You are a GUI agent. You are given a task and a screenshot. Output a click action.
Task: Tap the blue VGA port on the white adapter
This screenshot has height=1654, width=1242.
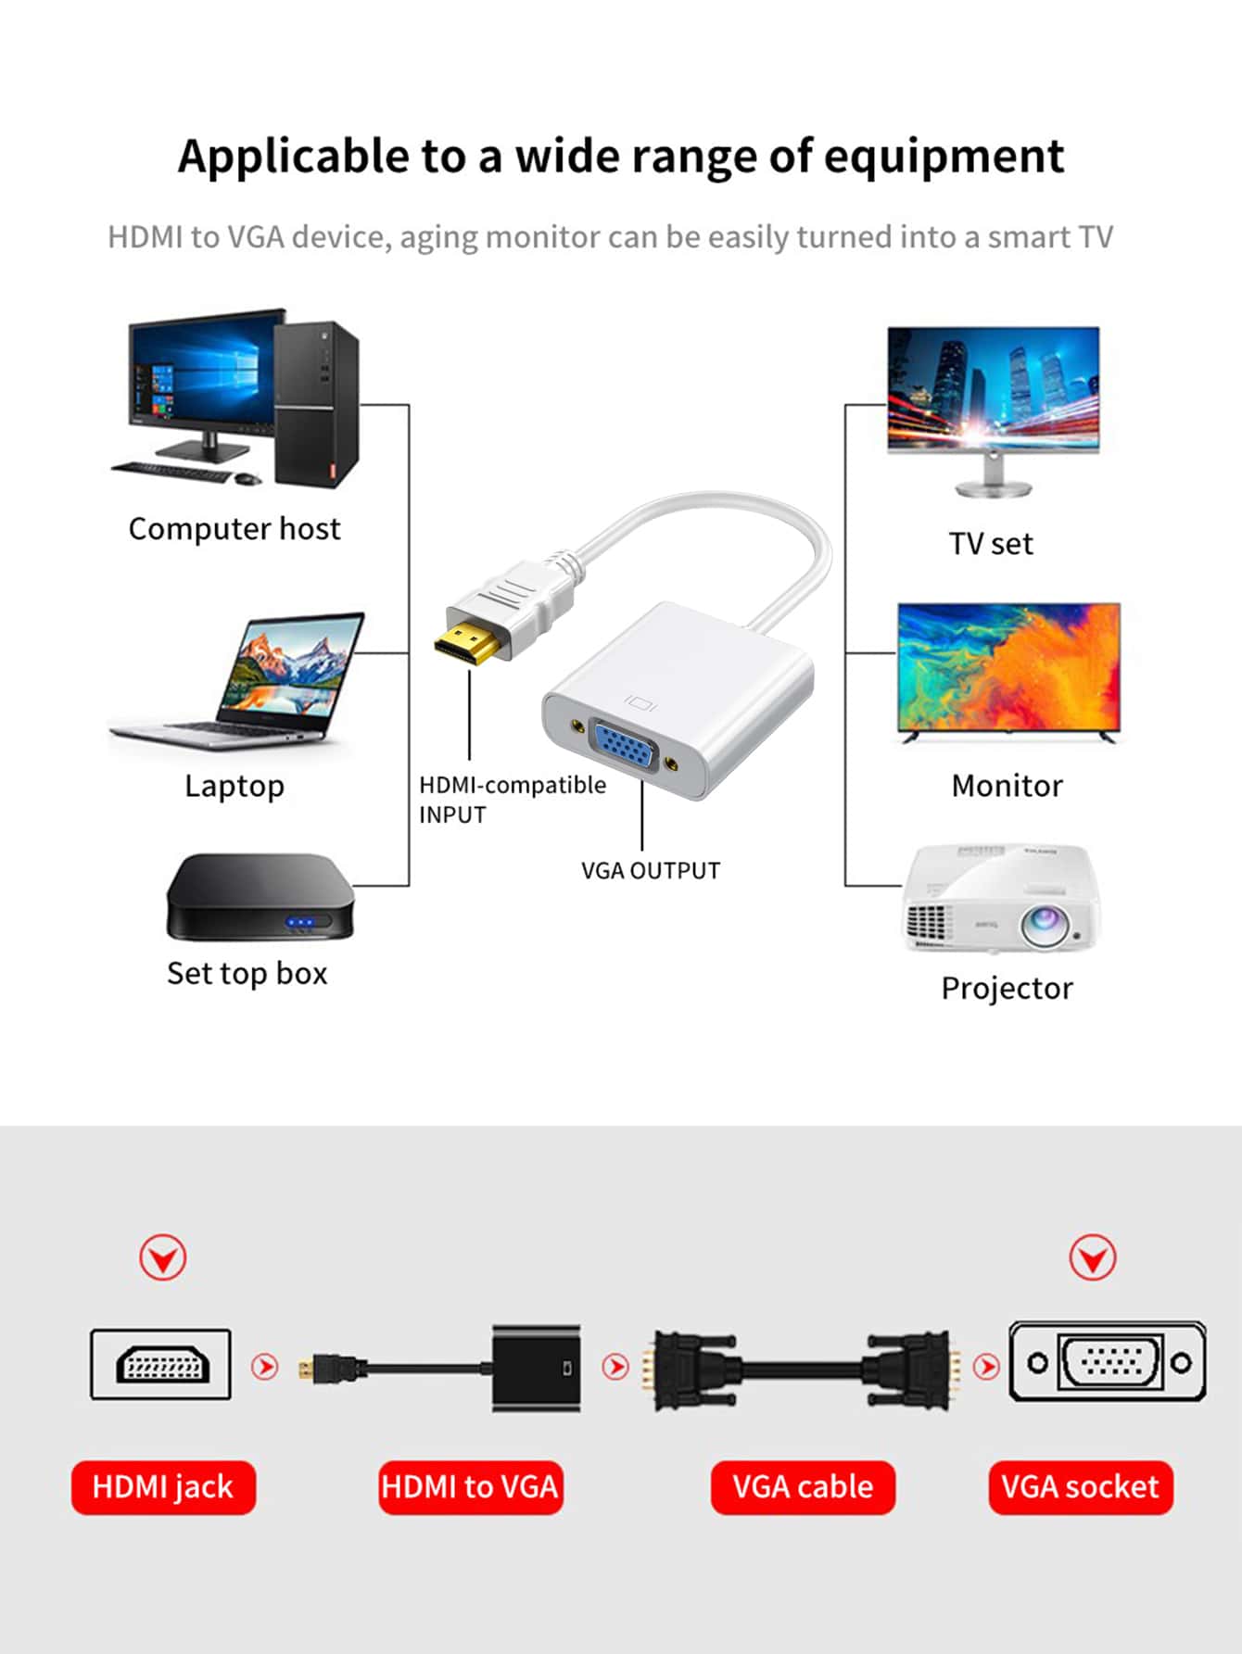[624, 745]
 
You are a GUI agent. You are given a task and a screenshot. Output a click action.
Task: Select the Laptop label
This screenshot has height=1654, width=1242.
[234, 786]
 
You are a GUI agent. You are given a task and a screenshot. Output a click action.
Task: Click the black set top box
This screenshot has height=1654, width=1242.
[260, 896]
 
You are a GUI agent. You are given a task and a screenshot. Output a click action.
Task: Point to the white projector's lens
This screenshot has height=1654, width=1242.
[1045, 922]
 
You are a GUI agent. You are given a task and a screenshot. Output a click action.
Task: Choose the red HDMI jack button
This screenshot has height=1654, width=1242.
[163, 1487]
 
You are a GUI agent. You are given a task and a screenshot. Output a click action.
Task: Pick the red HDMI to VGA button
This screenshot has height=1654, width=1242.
[470, 1487]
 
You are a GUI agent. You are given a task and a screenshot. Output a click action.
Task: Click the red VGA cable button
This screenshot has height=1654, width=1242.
[803, 1487]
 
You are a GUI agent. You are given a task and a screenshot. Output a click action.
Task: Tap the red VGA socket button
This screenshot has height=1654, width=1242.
[1080, 1487]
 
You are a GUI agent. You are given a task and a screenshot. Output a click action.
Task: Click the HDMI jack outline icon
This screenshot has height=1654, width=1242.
[161, 1364]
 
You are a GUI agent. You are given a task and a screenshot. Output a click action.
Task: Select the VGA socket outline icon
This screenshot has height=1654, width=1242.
[1108, 1361]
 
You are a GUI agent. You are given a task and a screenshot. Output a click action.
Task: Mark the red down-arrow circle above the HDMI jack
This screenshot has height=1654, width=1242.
[163, 1257]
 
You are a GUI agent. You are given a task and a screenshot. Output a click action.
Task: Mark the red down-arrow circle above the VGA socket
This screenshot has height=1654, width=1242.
[1093, 1257]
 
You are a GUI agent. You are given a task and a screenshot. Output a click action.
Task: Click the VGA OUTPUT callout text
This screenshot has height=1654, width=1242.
[651, 871]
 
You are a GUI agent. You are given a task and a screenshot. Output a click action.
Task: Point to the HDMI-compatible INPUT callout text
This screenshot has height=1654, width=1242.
[512, 799]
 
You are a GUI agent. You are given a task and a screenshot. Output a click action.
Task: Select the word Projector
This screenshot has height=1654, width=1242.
[1007, 989]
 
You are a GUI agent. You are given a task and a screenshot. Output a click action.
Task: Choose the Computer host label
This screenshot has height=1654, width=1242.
[234, 529]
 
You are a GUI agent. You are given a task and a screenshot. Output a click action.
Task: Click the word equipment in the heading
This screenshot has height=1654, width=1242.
[944, 156]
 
